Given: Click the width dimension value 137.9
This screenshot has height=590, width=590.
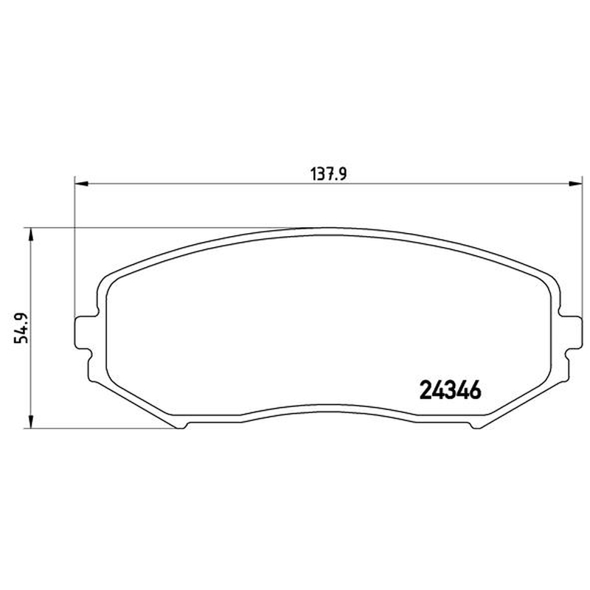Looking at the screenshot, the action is (328, 174).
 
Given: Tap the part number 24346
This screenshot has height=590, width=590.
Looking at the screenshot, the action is (451, 390).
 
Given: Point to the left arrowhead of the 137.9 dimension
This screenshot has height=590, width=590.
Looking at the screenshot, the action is (81, 184).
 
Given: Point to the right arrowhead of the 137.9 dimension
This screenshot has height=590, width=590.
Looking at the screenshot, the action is (575, 184).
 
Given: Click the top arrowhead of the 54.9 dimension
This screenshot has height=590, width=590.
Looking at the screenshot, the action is (31, 235).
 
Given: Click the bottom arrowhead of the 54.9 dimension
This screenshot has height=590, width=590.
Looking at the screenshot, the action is (31, 421).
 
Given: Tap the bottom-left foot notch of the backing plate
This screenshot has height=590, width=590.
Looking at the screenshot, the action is (181, 426).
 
